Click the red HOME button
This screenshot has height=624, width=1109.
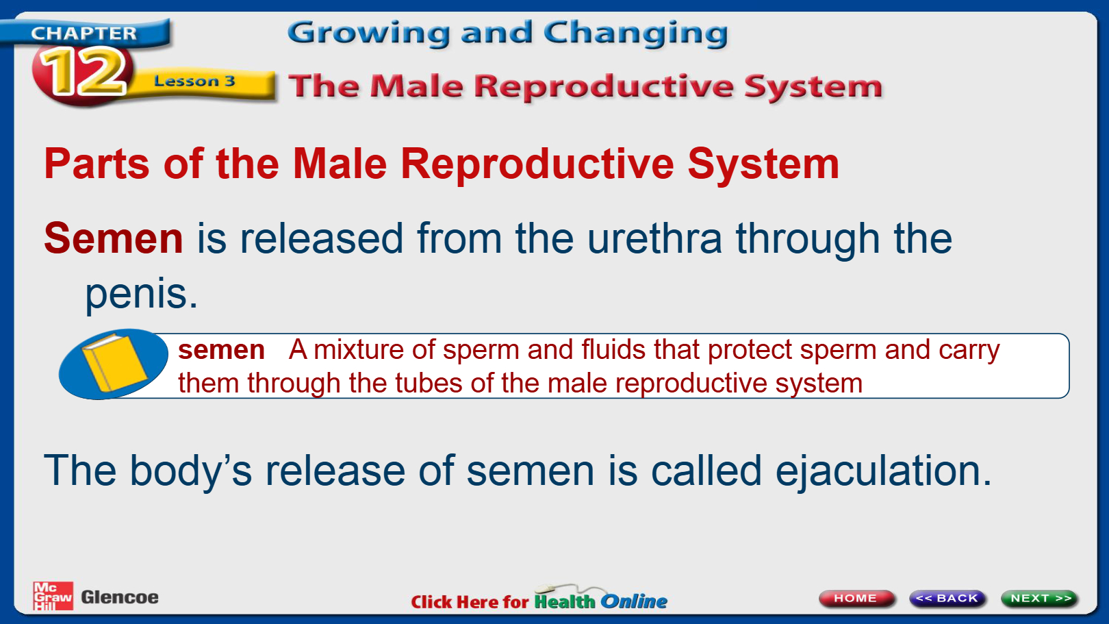tap(856, 598)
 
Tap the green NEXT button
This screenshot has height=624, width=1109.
tap(1039, 598)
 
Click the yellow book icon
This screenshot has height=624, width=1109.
tap(114, 363)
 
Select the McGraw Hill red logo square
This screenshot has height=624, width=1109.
tap(53, 596)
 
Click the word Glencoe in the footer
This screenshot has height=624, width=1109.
tap(120, 597)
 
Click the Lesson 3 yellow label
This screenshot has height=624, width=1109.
tap(194, 81)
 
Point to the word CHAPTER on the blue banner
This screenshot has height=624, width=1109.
tap(84, 33)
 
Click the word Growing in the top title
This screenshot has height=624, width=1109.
tap(369, 34)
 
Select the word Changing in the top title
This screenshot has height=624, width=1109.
tap(636, 34)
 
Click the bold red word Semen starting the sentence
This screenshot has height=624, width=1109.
tap(114, 238)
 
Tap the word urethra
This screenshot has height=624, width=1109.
tap(654, 238)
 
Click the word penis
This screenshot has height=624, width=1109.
tap(141, 294)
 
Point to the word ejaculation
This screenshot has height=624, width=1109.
tap(883, 471)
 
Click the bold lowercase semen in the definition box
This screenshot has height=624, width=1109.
tap(221, 351)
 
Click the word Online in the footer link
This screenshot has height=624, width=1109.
tap(634, 601)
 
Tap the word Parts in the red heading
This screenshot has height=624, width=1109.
tap(97, 164)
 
